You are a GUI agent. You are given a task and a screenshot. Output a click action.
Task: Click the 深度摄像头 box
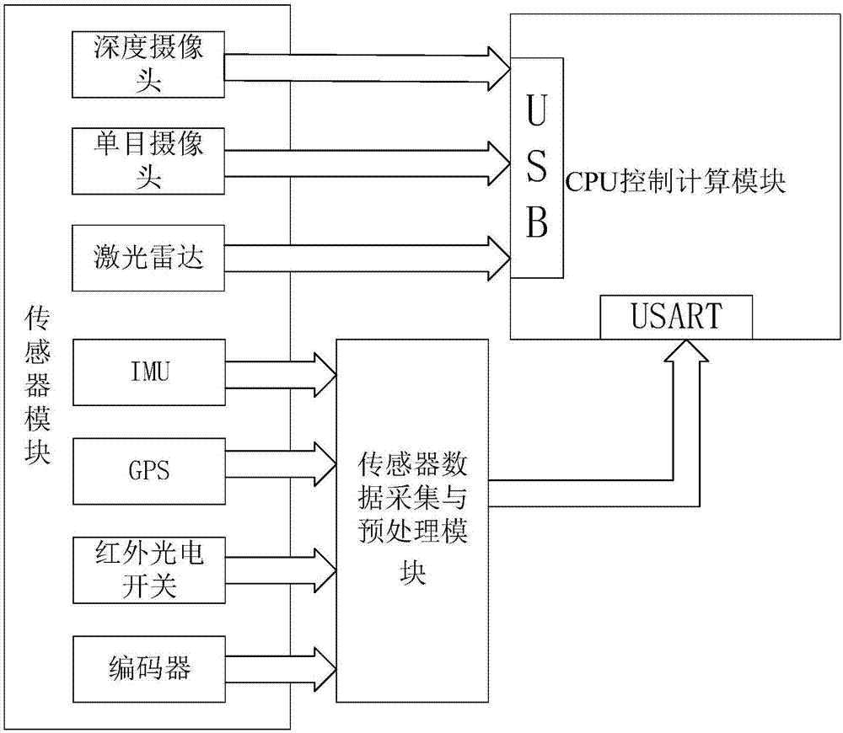point(149,64)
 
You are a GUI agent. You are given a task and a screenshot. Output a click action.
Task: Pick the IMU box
point(149,372)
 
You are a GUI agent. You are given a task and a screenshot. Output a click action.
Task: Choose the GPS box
point(149,469)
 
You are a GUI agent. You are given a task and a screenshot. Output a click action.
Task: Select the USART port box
point(676,317)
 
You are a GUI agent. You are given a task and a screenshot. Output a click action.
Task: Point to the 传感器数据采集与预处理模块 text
point(413,519)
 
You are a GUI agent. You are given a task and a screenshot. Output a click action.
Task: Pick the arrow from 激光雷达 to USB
point(362,259)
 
